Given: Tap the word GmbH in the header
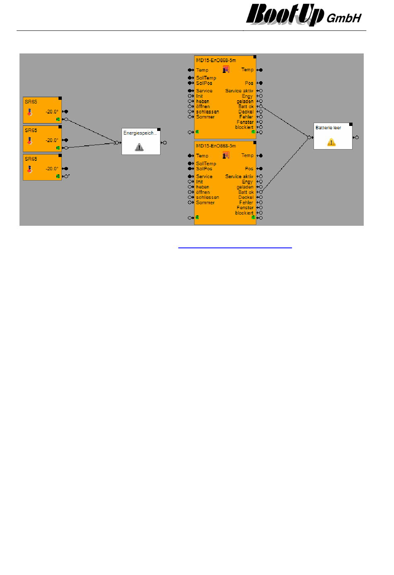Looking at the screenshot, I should pyautogui.click(x=344, y=18).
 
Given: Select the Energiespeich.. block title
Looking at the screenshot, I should pyautogui.click(x=140, y=133).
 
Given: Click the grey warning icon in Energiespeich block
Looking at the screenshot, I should pyautogui.click(x=139, y=147).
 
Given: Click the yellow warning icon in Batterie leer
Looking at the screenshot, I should pyautogui.click(x=331, y=143).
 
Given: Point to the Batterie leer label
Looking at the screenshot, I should pyautogui.click(x=328, y=128).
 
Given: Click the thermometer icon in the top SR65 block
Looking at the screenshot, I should pyautogui.click(x=30, y=112).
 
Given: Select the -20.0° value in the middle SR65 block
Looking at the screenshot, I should pyautogui.click(x=52, y=140).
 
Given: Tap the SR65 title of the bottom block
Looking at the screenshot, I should pyautogui.click(x=31, y=159).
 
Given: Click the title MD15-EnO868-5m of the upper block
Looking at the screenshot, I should pyautogui.click(x=216, y=60).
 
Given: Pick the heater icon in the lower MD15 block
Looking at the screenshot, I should pyautogui.click(x=226, y=155).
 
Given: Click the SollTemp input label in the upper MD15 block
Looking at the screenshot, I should pyautogui.click(x=206, y=78).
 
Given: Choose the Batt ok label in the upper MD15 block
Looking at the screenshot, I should pyautogui.click(x=246, y=106).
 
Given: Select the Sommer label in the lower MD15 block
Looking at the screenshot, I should pyautogui.click(x=205, y=203).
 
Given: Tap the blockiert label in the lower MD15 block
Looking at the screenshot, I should pyautogui.click(x=244, y=213).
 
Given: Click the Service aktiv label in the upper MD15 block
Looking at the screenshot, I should pyautogui.click(x=239, y=91).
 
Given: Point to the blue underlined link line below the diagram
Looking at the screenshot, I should pyautogui.click(x=235, y=248).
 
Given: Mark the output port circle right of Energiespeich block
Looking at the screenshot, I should pyautogui.click(x=165, y=143).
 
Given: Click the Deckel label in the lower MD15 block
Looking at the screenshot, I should pyautogui.click(x=246, y=197).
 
